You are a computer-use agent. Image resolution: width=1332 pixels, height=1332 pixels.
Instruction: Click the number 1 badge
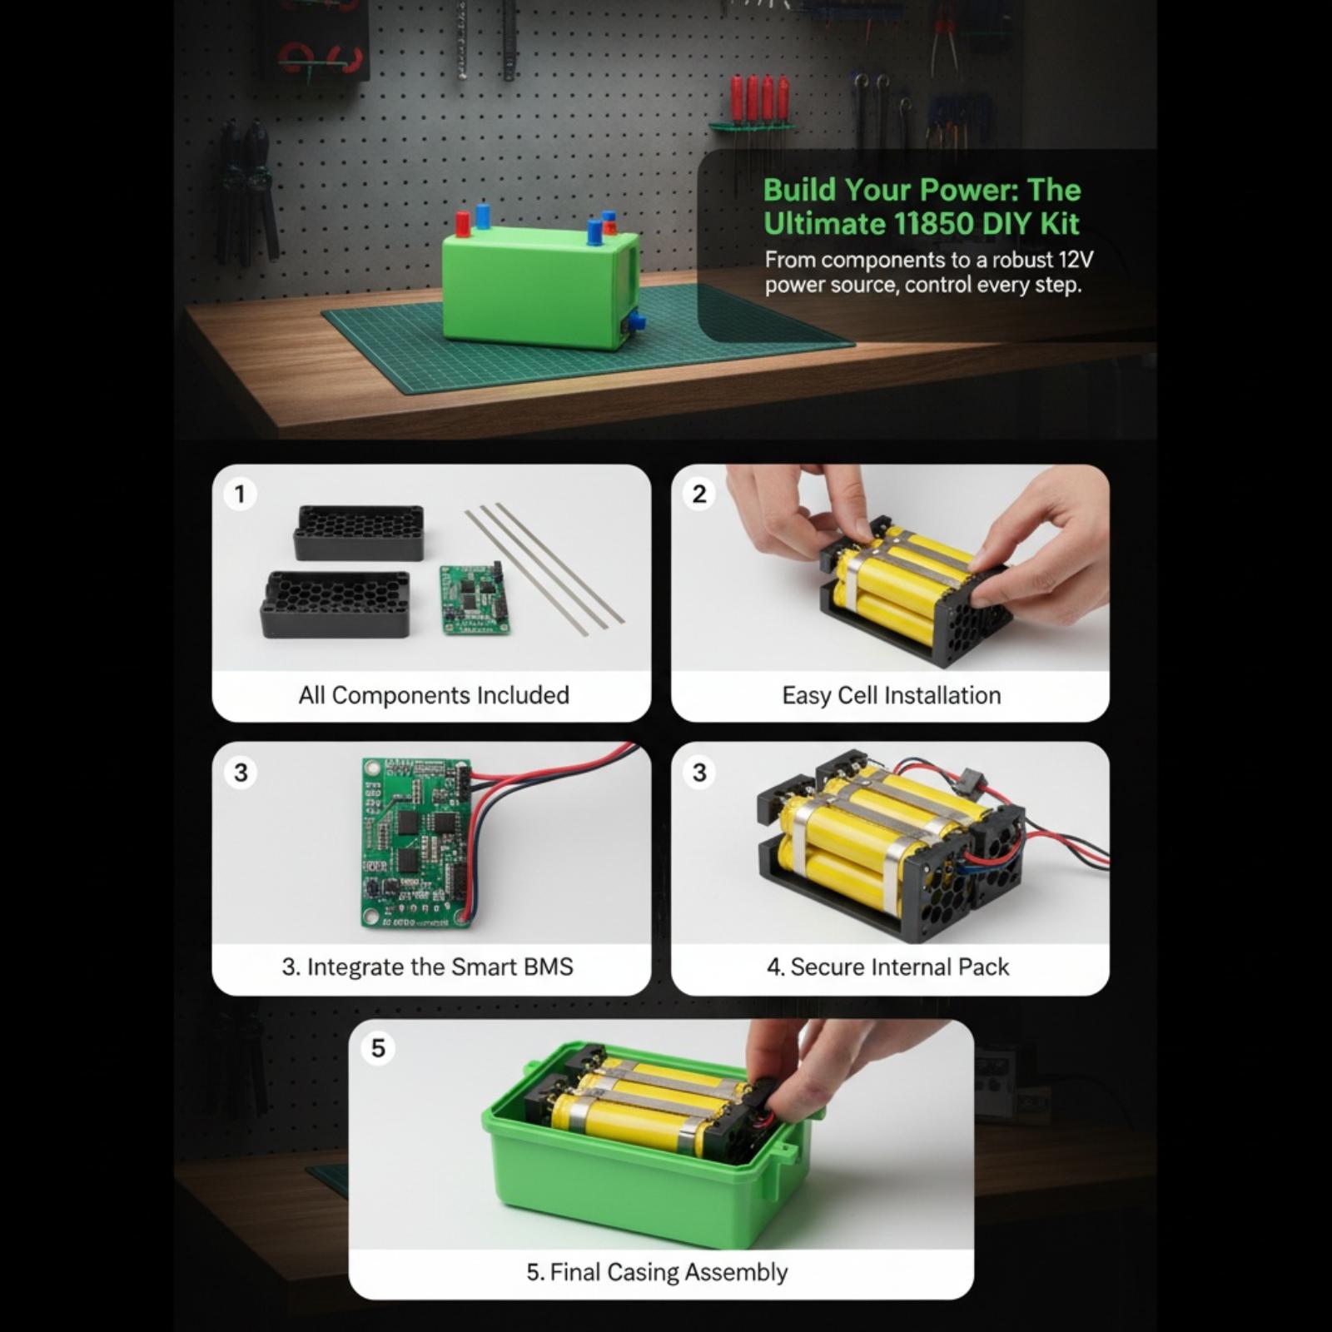240,495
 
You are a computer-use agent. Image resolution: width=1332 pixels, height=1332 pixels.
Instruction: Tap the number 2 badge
699,495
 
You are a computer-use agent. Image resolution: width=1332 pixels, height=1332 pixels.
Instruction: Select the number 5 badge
378,1048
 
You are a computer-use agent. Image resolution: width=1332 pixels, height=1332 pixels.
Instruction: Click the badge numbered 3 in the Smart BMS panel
241,773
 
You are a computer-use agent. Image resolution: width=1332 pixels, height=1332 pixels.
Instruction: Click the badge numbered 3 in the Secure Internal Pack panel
699,773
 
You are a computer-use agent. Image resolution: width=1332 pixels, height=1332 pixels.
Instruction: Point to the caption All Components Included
434,695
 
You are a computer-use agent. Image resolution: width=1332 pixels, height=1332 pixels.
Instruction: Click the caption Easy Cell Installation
892,695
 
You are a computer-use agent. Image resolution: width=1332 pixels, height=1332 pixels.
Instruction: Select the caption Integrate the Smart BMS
427,967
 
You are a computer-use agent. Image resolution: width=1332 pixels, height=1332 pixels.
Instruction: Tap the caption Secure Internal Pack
887,967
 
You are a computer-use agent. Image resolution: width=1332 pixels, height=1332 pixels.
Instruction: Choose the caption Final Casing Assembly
657,1272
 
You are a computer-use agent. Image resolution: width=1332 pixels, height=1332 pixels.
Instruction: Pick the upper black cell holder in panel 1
359,533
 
